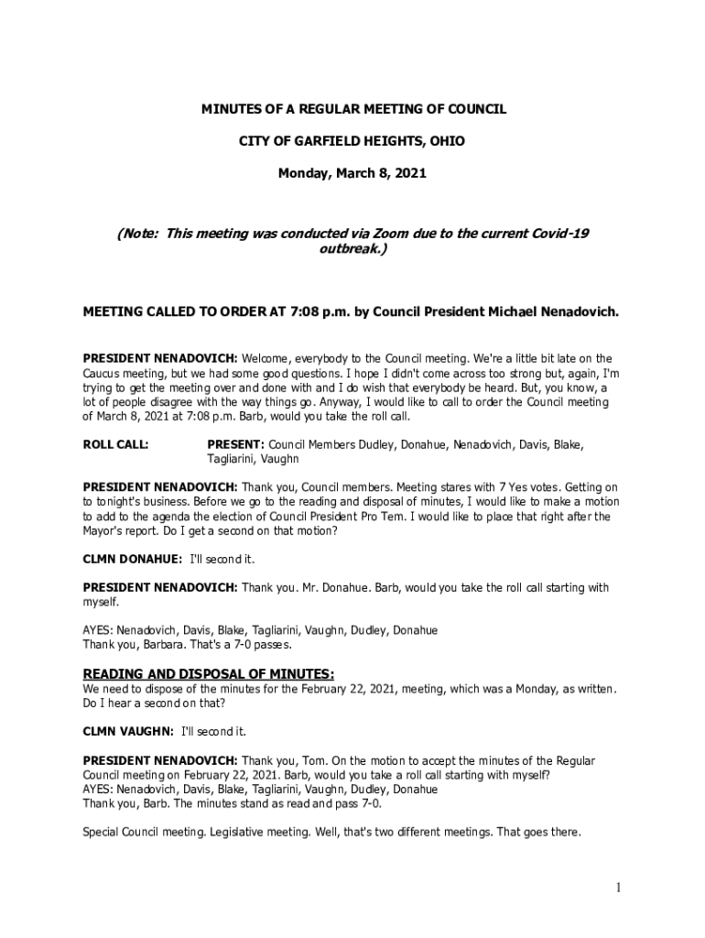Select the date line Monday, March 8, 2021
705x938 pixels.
tap(352, 172)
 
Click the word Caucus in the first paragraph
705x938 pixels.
tap(102, 374)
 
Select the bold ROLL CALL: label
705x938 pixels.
tap(116, 445)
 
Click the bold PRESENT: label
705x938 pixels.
tap(235, 445)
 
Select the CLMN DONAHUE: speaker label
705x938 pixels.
tap(132, 559)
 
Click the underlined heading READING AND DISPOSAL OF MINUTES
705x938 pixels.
tap(209, 674)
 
